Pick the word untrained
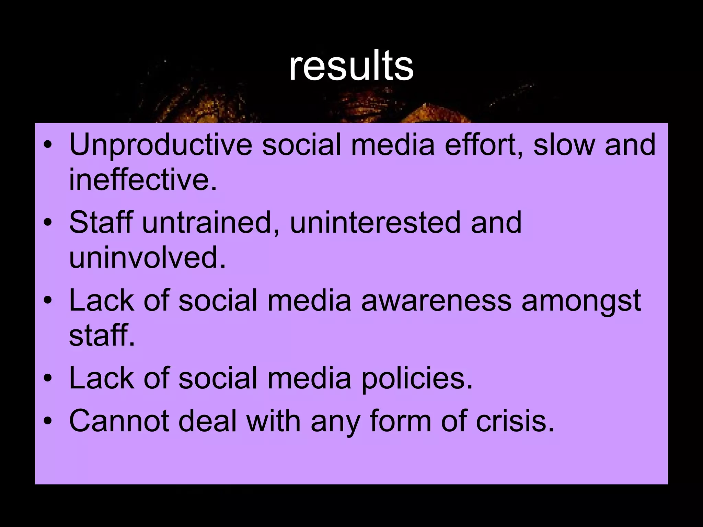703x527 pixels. [210, 223]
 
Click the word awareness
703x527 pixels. [437, 301]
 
